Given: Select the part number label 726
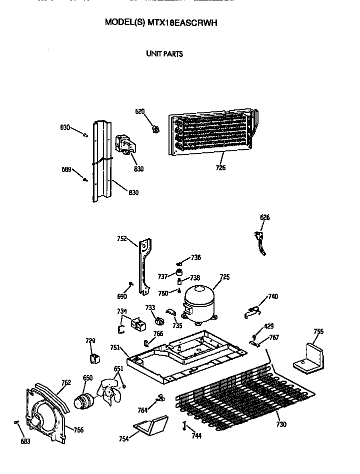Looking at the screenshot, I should pos(220,168).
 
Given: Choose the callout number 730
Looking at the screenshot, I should pos(281,425).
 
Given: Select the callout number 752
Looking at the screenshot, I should pos(121,239).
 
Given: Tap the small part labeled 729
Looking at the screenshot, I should pos(94,358).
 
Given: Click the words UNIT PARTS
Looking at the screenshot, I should pos(164,54).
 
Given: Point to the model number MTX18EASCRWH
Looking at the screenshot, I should pos(182,22).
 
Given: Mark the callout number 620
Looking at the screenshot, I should pos(139,111).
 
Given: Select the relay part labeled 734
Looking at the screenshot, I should pos(137,325).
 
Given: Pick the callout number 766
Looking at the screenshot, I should pos(158,334).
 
